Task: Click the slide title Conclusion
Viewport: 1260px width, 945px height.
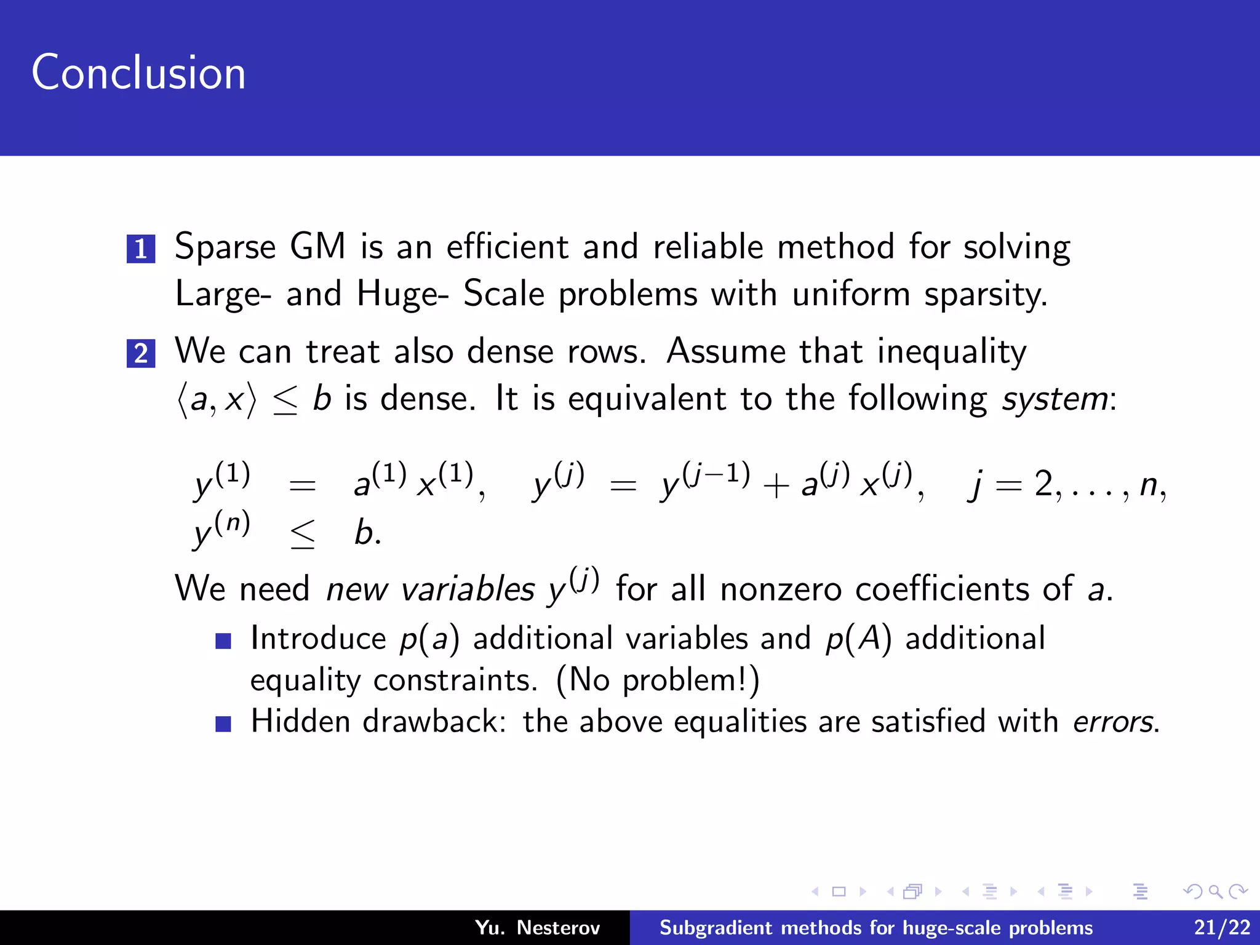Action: click(138, 73)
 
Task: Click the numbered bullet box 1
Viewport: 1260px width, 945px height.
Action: click(141, 249)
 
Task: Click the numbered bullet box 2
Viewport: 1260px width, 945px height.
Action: click(141, 353)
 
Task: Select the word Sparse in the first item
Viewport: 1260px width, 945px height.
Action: click(225, 248)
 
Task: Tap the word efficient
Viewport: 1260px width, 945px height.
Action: click(507, 247)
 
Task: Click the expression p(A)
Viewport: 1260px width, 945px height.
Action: click(858, 639)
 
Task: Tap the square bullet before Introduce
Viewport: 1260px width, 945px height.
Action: click(223, 642)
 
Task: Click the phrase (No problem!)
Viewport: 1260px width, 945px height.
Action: click(658, 680)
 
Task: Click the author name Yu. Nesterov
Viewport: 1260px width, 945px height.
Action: click(537, 928)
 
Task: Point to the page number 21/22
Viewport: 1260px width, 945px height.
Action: click(1222, 928)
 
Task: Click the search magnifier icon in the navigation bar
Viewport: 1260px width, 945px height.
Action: click(1215, 891)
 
